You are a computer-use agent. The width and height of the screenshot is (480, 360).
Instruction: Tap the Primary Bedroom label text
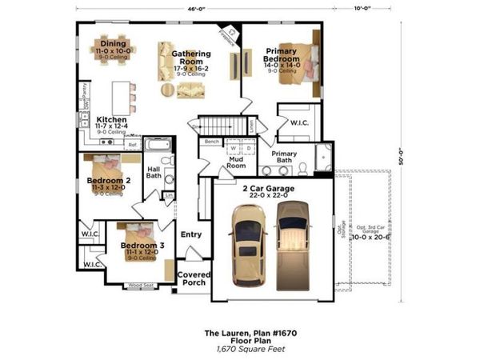coord(282,54)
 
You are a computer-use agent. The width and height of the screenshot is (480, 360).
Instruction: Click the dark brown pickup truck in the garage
coord(292,245)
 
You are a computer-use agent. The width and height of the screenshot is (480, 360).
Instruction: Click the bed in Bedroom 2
coord(106,167)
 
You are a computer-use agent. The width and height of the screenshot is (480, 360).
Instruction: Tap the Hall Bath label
coord(154,173)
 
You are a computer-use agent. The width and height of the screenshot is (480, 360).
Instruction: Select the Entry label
coord(192,234)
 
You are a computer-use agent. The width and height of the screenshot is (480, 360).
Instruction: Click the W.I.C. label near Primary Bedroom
coord(300,123)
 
